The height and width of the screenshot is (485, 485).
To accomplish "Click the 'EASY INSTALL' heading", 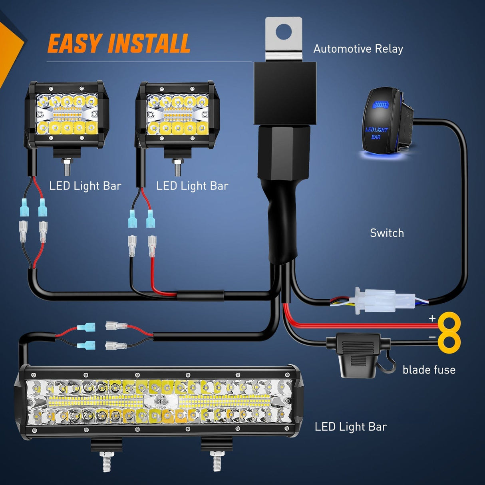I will point(119,44).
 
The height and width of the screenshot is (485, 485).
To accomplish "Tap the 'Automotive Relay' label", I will point(358,49).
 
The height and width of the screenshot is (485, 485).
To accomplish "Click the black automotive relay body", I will point(285,92).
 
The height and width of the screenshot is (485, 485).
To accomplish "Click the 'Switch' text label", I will point(387,233).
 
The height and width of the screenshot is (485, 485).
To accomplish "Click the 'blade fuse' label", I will point(429,370).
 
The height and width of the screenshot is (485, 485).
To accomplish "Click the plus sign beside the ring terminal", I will point(432,318).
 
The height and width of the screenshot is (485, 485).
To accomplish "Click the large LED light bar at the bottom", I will point(159,402).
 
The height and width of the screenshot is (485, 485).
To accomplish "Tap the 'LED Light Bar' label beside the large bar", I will point(350,427).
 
